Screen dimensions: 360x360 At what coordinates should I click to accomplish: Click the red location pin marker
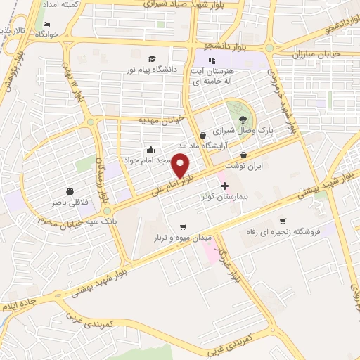click(181, 167)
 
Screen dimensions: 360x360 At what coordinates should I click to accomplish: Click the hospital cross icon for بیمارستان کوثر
click(224, 186)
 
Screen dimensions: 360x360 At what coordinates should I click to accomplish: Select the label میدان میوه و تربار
click(183, 238)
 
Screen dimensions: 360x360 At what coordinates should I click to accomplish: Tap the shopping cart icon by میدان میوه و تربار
click(183, 226)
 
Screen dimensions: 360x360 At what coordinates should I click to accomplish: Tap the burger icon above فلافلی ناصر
click(70, 191)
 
